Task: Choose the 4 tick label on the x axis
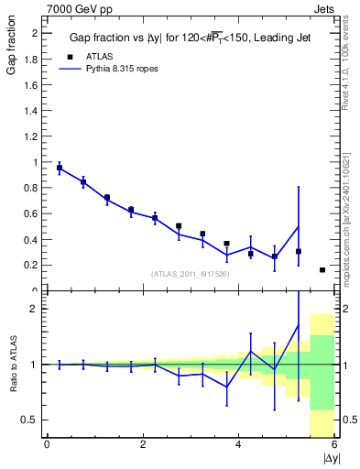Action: (x=239, y=445)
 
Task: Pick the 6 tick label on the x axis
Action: (x=335, y=445)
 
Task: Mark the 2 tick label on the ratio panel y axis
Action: (x=35, y=309)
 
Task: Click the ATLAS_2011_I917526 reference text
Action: (x=189, y=274)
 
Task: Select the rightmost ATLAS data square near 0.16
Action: (x=322, y=270)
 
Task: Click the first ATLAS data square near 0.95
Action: (x=60, y=169)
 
